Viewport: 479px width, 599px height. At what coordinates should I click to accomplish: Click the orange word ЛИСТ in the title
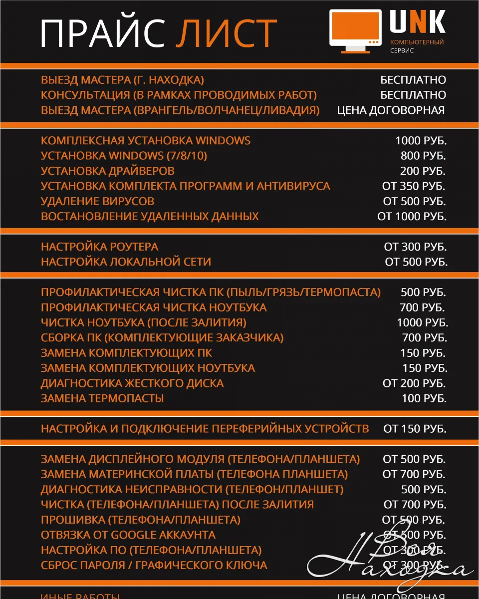[227, 33]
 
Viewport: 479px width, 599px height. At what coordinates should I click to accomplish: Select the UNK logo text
[417, 22]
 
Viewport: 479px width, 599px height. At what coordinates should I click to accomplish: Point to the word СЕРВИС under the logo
[402, 51]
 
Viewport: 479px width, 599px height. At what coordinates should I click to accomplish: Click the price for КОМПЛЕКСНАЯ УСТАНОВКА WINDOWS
[421, 140]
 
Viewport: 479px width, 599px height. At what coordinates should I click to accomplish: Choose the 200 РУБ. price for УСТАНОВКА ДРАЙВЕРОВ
[423, 171]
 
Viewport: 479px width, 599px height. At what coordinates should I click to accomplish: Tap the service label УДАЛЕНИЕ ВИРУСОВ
[97, 201]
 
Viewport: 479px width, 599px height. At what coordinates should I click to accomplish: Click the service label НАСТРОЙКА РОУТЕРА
[99, 247]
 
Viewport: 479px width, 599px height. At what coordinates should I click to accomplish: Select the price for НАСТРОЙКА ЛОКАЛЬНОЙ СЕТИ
[416, 262]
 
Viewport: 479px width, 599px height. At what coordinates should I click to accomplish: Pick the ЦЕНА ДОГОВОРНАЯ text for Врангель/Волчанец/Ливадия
[391, 110]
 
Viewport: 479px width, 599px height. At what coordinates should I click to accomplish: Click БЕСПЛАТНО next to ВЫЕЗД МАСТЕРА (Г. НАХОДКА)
[413, 80]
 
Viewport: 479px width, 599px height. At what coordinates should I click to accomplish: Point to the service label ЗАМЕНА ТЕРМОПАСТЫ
[102, 398]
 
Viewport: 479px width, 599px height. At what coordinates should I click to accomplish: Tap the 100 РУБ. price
[424, 398]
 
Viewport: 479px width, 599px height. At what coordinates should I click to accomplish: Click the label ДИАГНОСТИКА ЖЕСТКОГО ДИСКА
[132, 383]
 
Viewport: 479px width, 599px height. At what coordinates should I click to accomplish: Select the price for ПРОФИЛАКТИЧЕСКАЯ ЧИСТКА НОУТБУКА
[422, 307]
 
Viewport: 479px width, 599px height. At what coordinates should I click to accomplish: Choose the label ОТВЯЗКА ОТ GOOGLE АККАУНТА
[128, 535]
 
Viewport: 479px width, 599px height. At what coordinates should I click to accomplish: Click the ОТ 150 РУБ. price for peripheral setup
[415, 429]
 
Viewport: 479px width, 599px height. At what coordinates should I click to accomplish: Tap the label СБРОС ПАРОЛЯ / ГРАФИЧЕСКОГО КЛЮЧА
[154, 565]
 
